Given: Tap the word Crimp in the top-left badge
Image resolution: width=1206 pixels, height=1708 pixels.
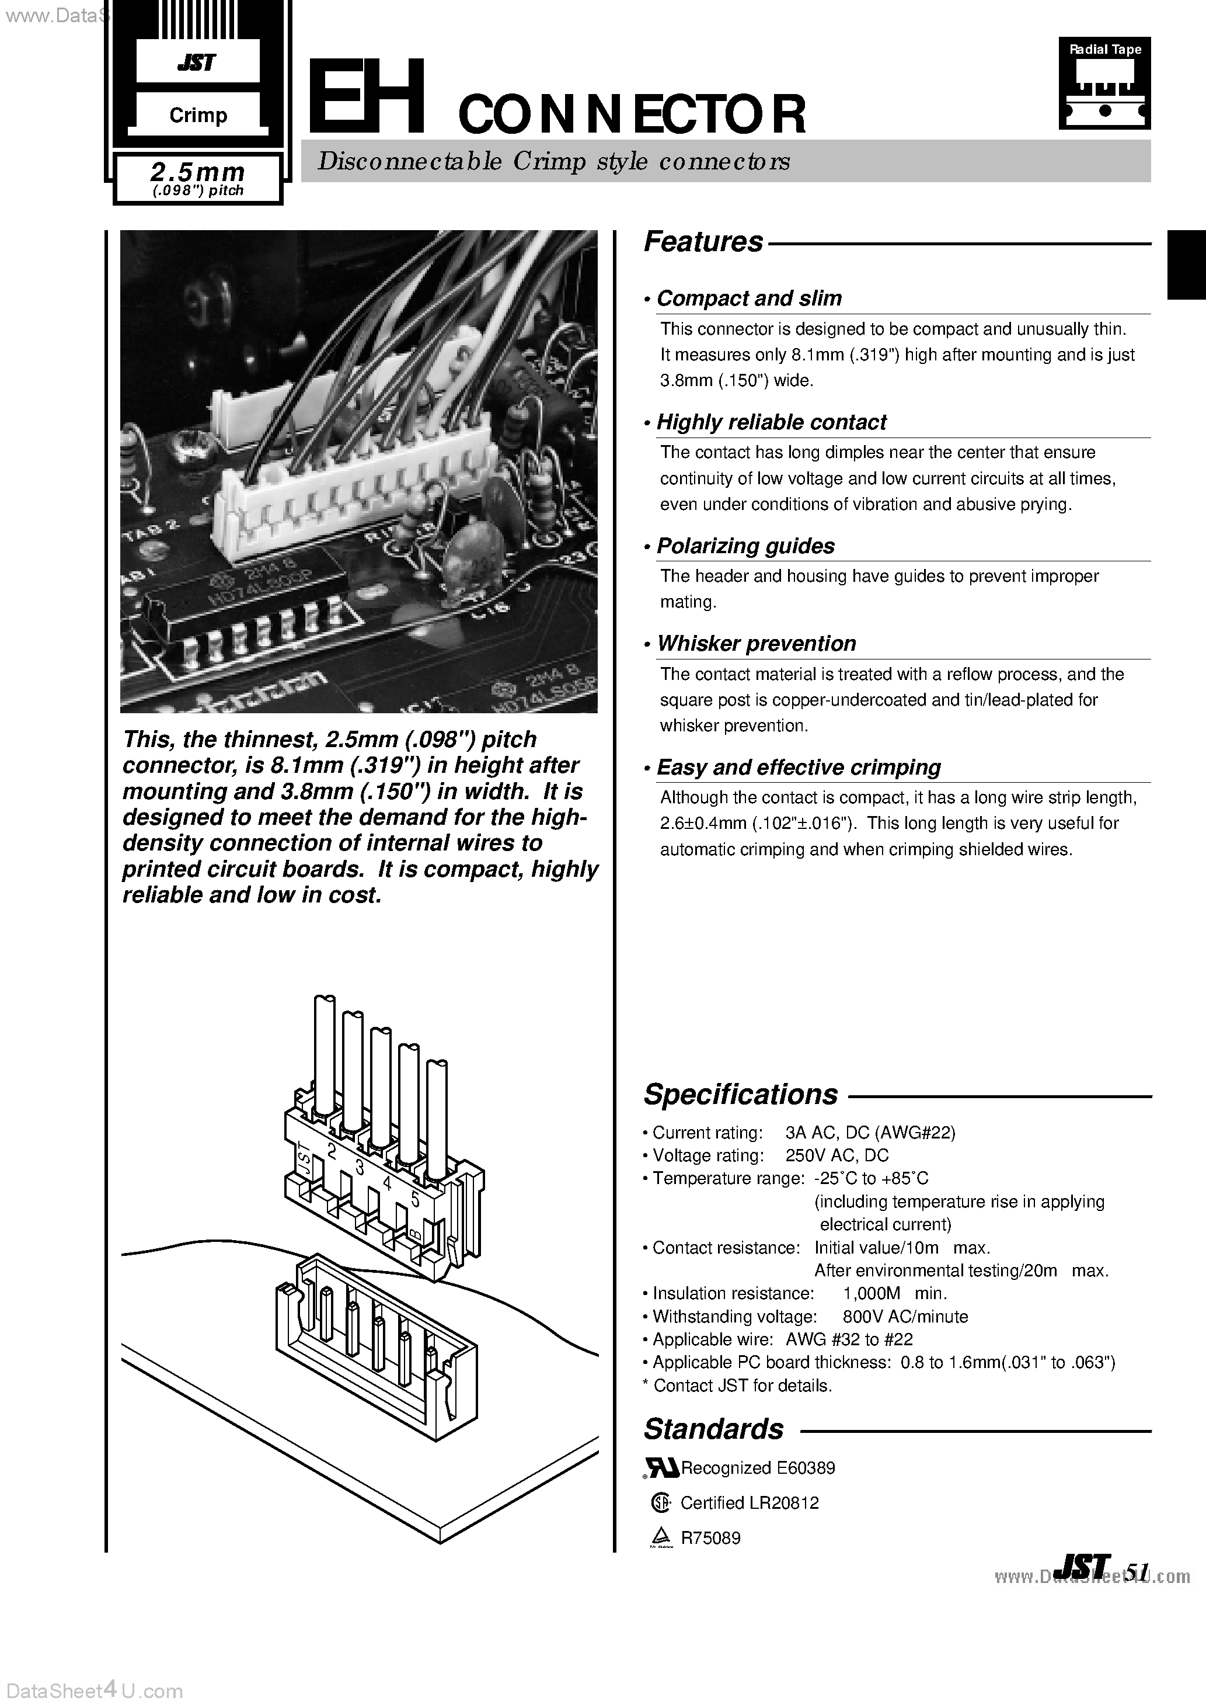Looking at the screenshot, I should pyautogui.click(x=198, y=115).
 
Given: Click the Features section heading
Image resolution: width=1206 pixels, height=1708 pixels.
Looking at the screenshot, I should pyautogui.click(x=703, y=242).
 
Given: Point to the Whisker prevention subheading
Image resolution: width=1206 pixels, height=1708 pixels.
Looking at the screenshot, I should pyautogui.click(x=755, y=644).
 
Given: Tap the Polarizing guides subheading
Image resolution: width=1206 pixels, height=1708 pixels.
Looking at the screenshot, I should pyautogui.click(x=745, y=546).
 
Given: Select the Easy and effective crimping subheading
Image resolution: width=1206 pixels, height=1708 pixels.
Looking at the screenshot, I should pyautogui.click(x=798, y=767).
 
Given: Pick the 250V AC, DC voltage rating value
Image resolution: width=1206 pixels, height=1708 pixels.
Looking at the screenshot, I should pyautogui.click(x=836, y=1155).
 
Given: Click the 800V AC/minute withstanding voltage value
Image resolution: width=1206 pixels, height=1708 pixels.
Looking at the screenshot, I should pyautogui.click(x=905, y=1317).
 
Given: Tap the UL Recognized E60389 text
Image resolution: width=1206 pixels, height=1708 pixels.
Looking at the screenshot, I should pyautogui.click(x=757, y=1468).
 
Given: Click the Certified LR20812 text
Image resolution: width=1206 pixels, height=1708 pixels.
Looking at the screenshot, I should pyautogui.click(x=749, y=1503).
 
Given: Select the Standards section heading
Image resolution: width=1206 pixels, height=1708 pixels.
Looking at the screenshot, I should pyautogui.click(x=713, y=1429).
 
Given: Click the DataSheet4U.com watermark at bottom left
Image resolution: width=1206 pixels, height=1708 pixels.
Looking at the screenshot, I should pyautogui.click(x=92, y=1692).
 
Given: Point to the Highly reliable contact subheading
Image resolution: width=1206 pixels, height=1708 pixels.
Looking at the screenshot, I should pyautogui.click(x=771, y=422).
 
